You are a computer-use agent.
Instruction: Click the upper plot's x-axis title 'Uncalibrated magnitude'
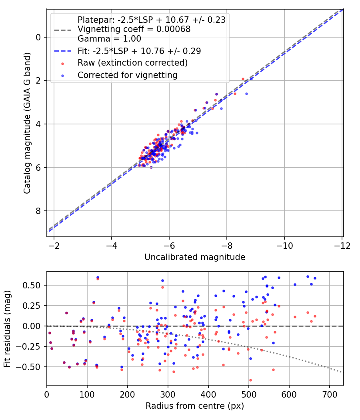pyautogui.click(x=194, y=257)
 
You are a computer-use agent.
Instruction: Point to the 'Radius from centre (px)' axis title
pyautogui.click(x=194, y=406)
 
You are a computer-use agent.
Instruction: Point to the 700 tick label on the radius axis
pyautogui.click(x=329, y=394)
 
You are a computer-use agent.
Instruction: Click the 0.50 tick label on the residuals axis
pyautogui.click(x=33, y=285)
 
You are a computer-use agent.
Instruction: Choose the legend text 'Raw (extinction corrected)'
pyautogui.click(x=132, y=63)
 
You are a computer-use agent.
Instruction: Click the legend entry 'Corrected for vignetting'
pyautogui.click(x=128, y=75)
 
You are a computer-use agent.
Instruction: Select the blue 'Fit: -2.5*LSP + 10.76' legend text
pyautogui.click(x=139, y=51)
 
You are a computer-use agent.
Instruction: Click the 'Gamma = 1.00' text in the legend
pyautogui.click(x=109, y=39)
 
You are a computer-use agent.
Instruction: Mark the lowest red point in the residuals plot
pyautogui.click(x=250, y=380)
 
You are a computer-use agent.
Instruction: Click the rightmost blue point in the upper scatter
pyautogui.click(x=246, y=94)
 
